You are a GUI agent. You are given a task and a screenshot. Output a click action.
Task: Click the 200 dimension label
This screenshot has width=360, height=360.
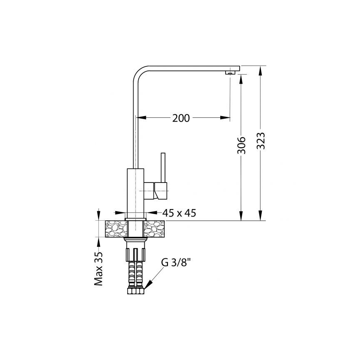(181, 118)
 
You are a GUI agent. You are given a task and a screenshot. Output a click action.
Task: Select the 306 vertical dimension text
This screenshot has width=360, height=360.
(242, 145)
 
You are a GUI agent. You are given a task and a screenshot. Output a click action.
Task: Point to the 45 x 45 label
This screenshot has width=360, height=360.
(179, 213)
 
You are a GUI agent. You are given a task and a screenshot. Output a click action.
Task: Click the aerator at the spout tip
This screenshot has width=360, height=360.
(230, 73)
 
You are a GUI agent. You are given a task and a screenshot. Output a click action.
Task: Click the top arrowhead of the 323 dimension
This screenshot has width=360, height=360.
(260, 71)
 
